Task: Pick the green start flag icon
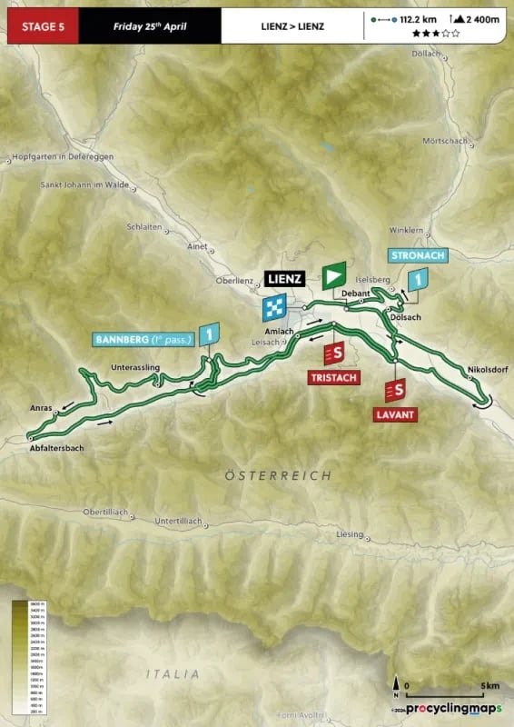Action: (x=334, y=275)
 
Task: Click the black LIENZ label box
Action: (x=283, y=279)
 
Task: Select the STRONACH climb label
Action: (x=417, y=256)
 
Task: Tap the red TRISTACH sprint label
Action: (x=333, y=376)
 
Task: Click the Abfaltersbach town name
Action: (x=63, y=448)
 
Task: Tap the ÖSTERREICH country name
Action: (x=278, y=475)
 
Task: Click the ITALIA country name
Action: (x=173, y=673)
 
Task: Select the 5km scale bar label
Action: (x=465, y=686)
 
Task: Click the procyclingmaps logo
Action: (x=454, y=708)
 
